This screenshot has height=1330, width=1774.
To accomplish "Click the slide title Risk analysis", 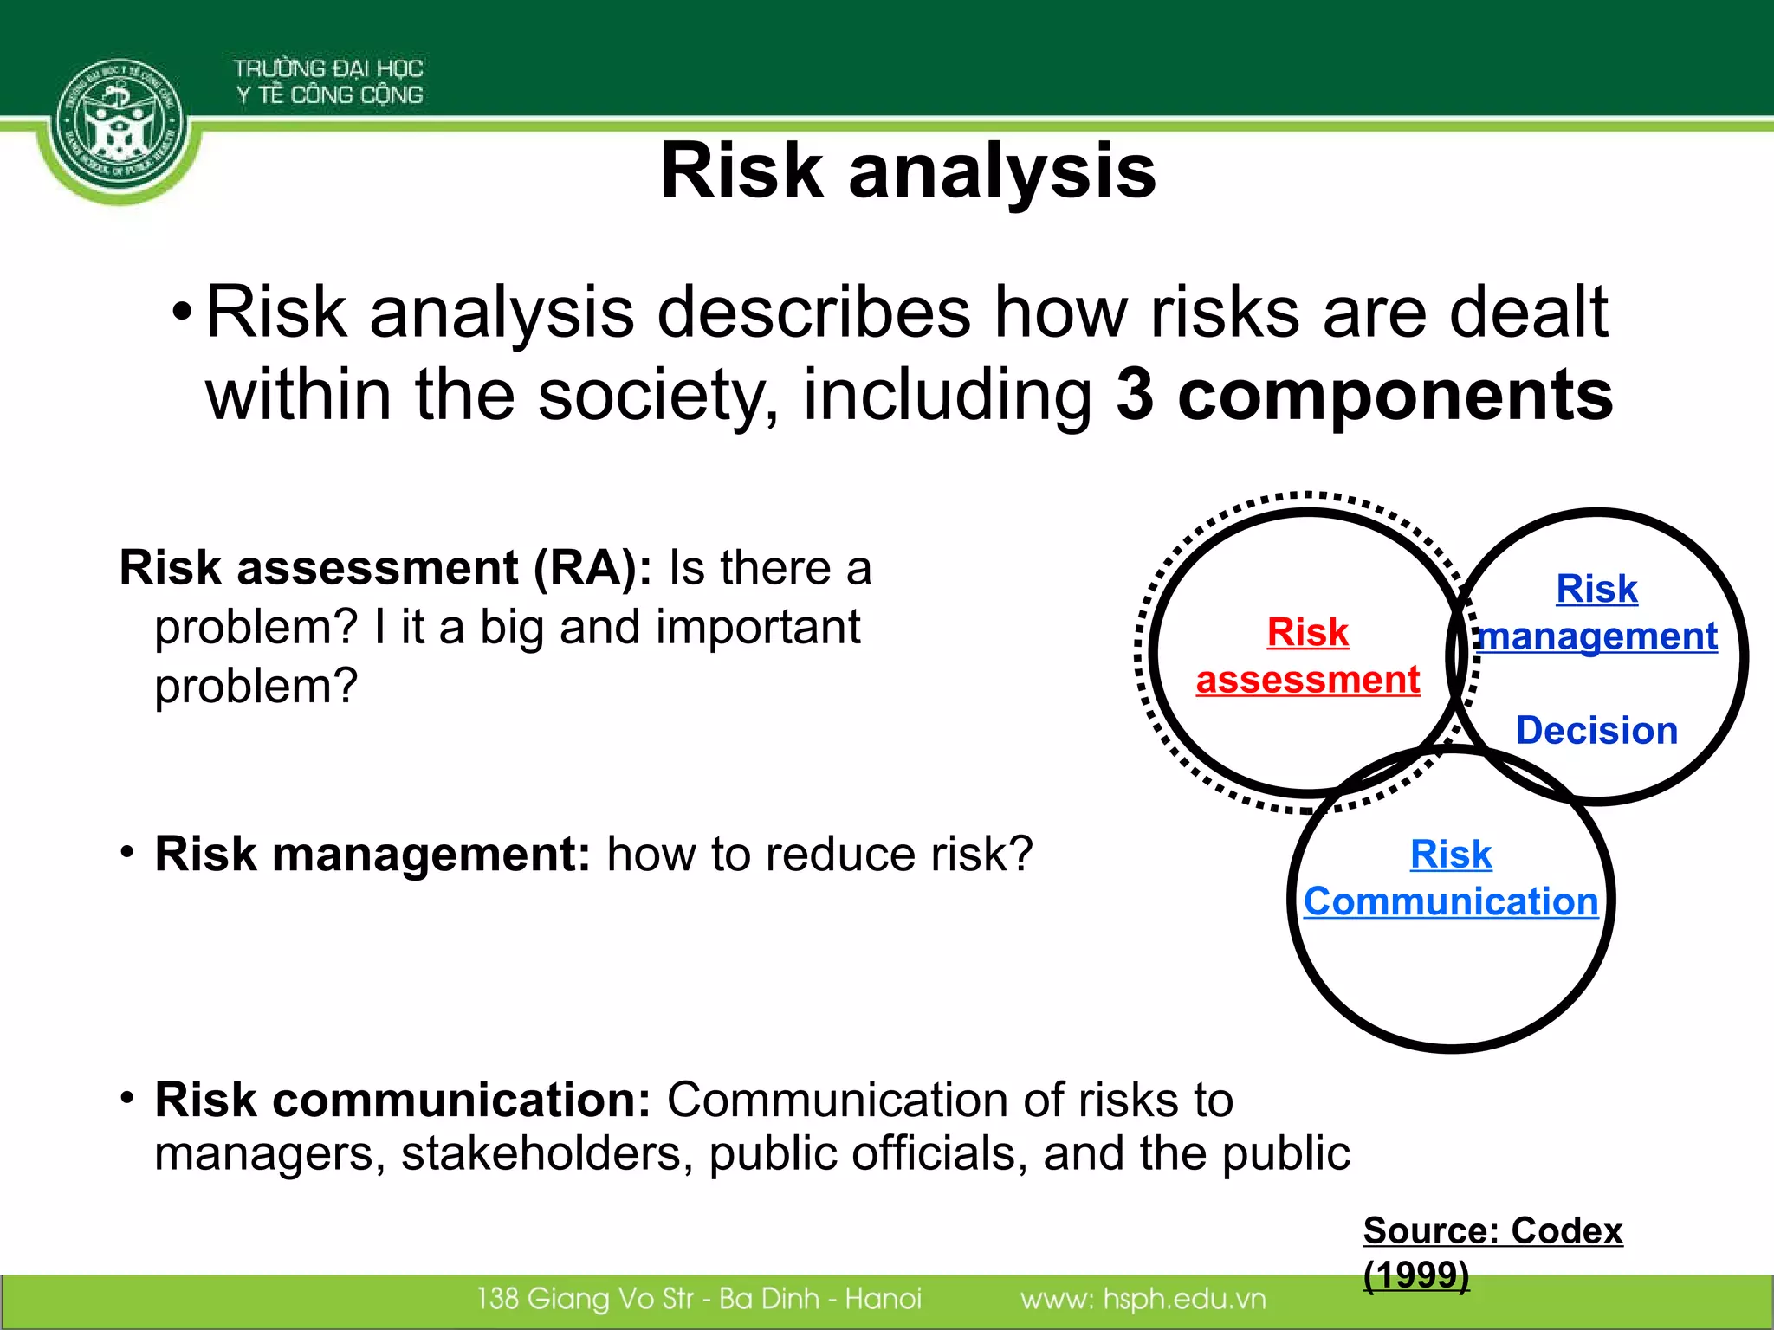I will pyautogui.click(x=907, y=171).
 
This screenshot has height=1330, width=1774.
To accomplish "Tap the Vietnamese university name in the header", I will pyautogui.click(x=328, y=81).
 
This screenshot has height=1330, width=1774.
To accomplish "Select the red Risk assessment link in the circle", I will pyautogui.click(x=1307, y=656).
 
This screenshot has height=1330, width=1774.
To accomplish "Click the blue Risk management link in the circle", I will pyautogui.click(x=1596, y=613).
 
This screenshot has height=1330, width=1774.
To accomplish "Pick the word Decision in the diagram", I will pyautogui.click(x=1596, y=731).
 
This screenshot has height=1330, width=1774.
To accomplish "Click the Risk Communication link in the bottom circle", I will pyautogui.click(x=1451, y=878).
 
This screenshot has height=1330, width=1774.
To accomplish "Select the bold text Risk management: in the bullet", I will pyautogui.click(x=372, y=855).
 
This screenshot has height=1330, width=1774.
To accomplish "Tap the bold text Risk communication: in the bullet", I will pyautogui.click(x=403, y=1101).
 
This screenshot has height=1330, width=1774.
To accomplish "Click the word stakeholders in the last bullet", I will pyautogui.click(x=547, y=1154).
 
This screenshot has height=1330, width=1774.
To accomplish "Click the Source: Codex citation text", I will pyautogui.click(x=1492, y=1231).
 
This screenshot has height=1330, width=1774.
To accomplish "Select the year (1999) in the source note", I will pyautogui.click(x=1416, y=1275).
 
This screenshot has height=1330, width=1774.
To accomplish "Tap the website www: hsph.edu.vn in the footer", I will pyautogui.click(x=1143, y=1299).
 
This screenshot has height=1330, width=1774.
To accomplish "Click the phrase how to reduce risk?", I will pyautogui.click(x=819, y=855).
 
